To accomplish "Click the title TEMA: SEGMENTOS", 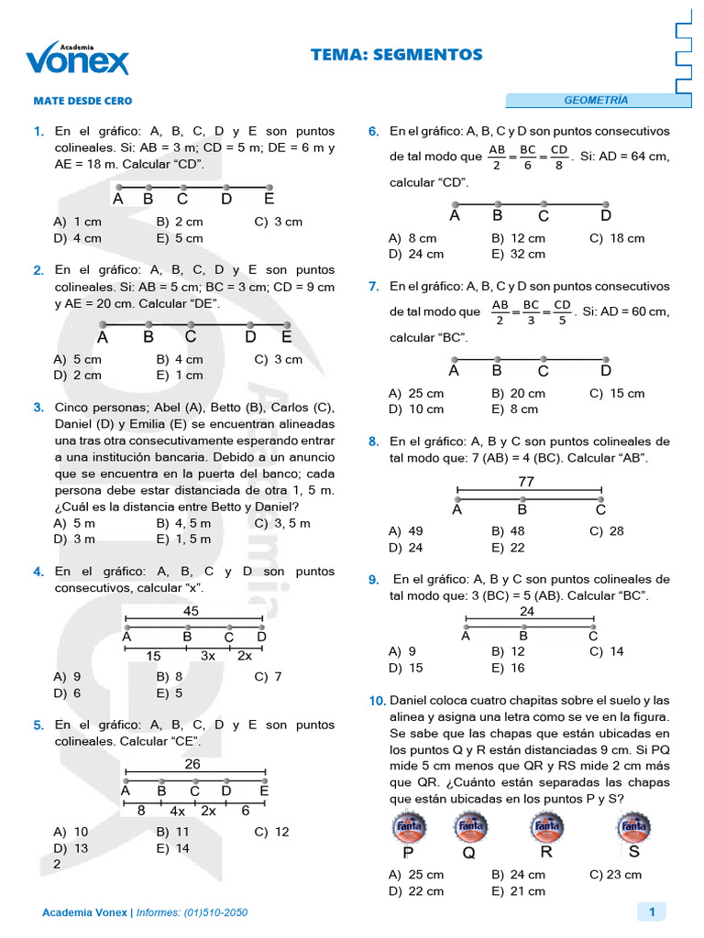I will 396,55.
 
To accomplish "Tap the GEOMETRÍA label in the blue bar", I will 596,100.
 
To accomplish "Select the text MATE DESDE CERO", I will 82,101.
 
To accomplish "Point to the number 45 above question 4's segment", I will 191,611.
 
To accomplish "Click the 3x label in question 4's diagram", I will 208,656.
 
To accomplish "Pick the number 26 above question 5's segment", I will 192,764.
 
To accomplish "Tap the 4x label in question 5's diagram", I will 177,811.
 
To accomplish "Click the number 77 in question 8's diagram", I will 526,481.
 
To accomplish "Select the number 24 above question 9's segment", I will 527,611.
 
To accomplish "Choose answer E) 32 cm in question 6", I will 518,254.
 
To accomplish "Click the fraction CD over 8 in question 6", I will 559,157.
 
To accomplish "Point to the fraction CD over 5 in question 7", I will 562,311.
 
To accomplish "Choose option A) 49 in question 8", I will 405,530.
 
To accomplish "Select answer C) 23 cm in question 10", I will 615,875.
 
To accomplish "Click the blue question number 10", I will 377,701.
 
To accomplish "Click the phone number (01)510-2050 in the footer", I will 215,913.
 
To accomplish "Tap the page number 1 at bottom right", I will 652,911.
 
